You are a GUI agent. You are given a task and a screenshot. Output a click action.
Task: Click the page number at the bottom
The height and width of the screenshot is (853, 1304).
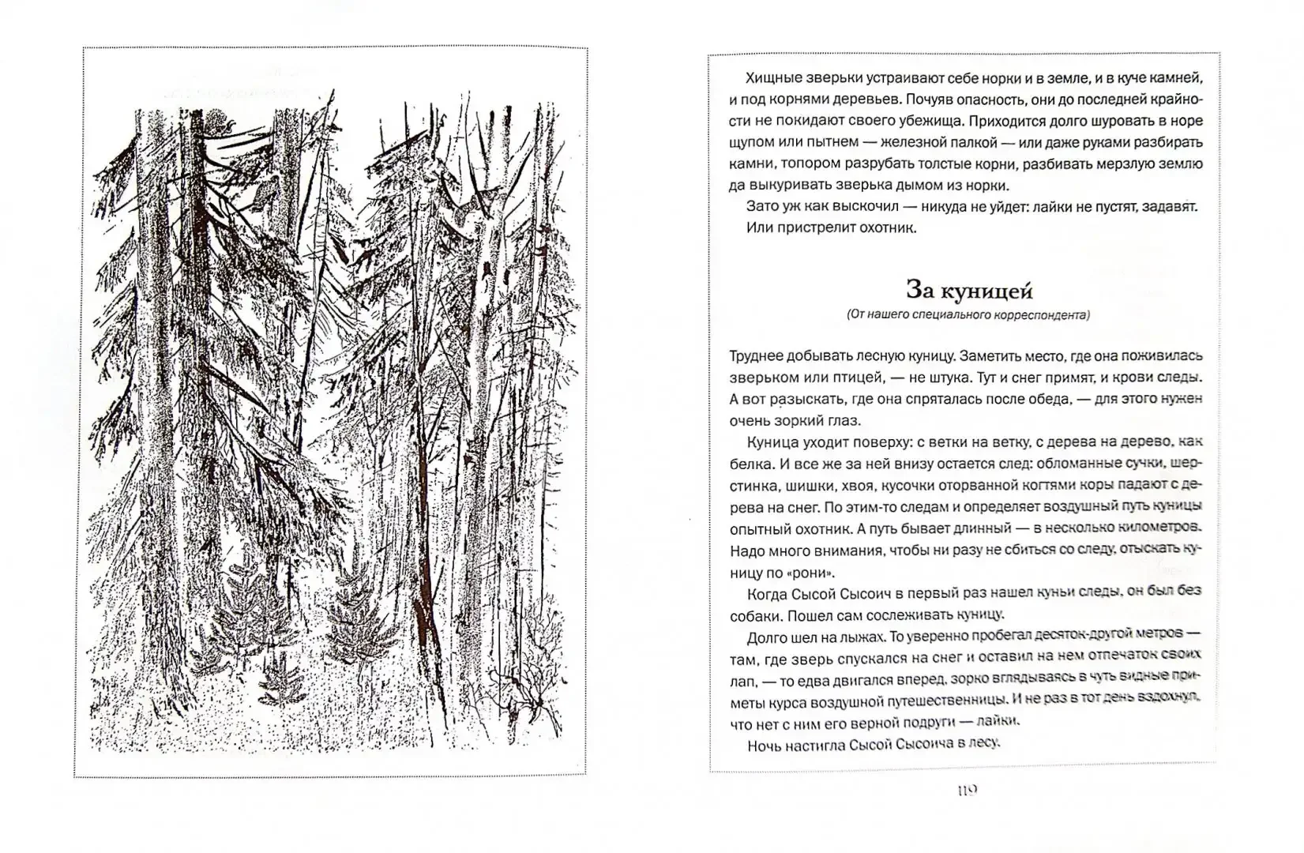[x=967, y=790]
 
